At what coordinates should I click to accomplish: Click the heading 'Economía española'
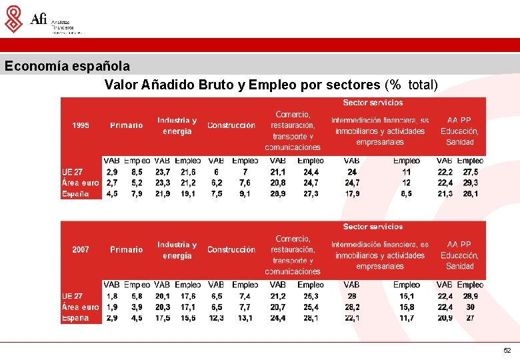point(67,67)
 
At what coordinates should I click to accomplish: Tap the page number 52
point(507,350)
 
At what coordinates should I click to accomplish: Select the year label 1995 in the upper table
point(81,125)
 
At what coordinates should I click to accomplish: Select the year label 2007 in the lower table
point(81,249)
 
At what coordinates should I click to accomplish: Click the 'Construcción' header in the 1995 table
point(231,125)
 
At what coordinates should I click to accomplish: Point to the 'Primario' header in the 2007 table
point(127,249)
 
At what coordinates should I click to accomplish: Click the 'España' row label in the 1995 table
point(75,194)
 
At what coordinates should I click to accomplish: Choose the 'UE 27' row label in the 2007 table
point(73,296)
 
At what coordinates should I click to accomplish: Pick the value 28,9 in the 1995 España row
point(278,194)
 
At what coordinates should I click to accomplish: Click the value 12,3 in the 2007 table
point(216,318)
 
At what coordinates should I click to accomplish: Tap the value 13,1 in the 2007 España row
point(245,318)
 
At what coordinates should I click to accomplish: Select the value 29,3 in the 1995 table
point(471,183)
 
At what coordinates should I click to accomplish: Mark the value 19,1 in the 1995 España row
point(188,194)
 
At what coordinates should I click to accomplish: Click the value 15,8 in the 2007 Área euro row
point(407,307)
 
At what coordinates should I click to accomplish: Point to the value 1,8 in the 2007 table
point(113,296)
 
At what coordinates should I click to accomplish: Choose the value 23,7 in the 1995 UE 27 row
point(163,171)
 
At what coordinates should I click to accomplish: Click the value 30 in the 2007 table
point(471,307)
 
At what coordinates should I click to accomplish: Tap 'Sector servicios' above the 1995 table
point(373,103)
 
